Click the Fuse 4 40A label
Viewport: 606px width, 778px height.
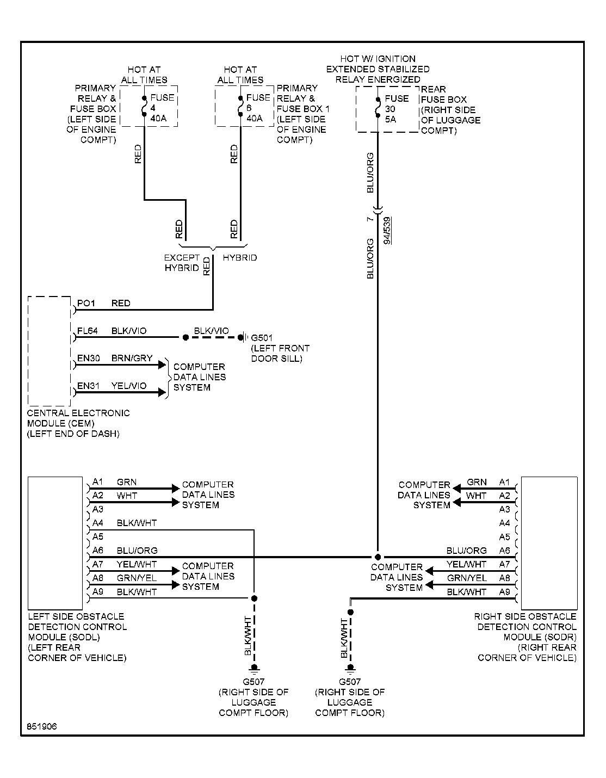pos(162,108)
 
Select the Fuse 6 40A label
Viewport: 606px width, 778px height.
pos(258,108)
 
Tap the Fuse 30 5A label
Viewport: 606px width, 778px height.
pos(397,109)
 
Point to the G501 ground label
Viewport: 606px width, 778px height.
pos(262,338)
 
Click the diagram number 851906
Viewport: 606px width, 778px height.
pos(42,726)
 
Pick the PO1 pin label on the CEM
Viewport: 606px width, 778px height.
pos(86,303)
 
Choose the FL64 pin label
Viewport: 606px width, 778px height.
pos(88,331)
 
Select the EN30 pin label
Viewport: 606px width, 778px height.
pos(89,358)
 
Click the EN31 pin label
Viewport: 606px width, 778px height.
pos(88,386)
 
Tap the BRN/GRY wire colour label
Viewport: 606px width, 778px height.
pos(132,358)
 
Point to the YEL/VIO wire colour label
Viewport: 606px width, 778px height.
pos(129,386)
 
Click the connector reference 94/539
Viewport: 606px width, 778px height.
pos(387,231)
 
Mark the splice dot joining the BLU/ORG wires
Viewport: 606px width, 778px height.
pos(378,557)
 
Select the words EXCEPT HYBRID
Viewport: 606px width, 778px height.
pos(182,263)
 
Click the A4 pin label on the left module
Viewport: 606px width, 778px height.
pos(98,523)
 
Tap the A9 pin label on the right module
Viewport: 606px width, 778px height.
pos(504,592)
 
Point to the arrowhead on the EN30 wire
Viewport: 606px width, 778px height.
pos(162,365)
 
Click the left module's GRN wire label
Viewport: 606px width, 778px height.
pos(127,482)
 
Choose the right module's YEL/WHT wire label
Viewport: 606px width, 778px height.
pos(466,564)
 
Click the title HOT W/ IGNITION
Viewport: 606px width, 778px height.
pos(378,59)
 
